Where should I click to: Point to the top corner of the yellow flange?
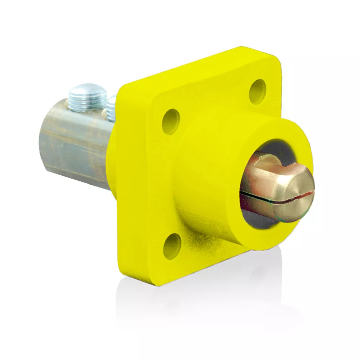239,50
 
